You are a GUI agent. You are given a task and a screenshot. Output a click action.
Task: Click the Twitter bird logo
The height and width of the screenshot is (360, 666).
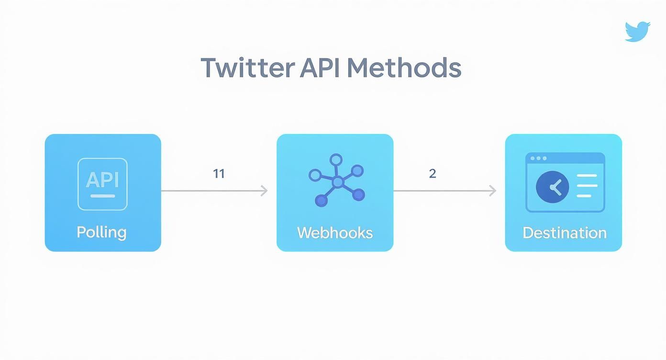click(637, 31)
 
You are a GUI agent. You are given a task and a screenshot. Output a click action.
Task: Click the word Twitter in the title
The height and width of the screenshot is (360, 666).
click(248, 68)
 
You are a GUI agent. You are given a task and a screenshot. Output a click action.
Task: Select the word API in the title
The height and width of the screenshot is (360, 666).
click(320, 68)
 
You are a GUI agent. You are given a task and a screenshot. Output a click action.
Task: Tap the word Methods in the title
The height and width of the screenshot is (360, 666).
click(404, 68)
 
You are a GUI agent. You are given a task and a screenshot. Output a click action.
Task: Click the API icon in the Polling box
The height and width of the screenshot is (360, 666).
click(102, 184)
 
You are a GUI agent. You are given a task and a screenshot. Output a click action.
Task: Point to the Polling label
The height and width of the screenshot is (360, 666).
click(102, 232)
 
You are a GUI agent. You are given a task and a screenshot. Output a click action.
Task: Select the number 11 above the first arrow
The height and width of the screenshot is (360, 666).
click(219, 173)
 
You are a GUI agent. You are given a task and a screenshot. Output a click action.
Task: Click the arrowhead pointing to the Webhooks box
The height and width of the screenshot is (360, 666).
click(264, 191)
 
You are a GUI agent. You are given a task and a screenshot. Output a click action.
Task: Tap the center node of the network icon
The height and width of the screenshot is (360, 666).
click(338, 182)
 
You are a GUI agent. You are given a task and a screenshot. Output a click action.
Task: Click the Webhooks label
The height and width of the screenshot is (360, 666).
click(335, 233)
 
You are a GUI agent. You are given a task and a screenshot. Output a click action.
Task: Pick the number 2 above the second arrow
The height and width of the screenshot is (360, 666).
click(433, 173)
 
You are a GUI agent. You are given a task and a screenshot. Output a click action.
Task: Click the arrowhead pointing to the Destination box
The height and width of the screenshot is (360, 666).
click(492, 191)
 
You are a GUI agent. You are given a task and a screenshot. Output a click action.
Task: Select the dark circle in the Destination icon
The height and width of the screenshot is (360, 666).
click(553, 187)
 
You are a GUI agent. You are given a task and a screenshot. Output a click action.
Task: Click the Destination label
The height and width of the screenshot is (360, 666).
click(565, 233)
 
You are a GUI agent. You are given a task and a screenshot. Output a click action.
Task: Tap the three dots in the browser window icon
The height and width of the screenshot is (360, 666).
click(538, 158)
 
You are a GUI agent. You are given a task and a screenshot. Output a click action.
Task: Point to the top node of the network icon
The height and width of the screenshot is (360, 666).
click(336, 159)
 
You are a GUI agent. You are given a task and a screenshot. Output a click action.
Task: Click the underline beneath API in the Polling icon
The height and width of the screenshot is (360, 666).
click(102, 196)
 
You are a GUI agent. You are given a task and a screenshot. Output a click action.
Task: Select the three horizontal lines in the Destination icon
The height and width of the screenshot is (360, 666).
click(587, 186)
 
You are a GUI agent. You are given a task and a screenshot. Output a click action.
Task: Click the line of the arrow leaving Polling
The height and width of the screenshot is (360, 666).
click(211, 191)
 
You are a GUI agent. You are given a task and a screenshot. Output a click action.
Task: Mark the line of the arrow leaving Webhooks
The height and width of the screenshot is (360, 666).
click(440, 191)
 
